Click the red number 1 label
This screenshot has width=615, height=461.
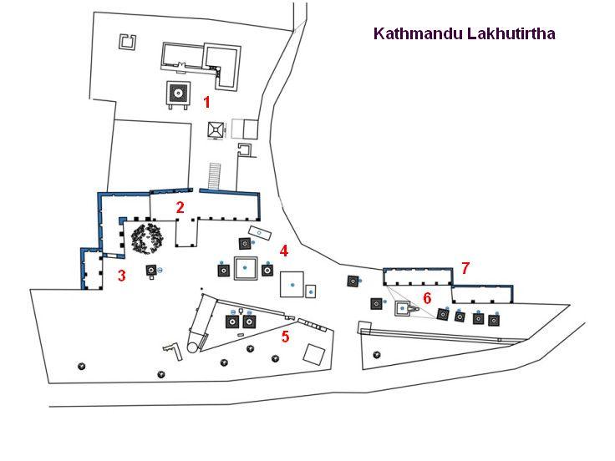coord(206,102)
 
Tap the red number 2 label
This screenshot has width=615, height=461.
coord(179,206)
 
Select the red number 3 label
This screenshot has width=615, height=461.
coord(121,276)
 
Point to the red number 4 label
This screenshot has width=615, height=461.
coord(284,251)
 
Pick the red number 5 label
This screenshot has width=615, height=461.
coord(285,337)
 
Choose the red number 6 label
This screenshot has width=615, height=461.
coord(426,297)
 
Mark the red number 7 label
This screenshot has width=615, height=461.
coord(465,268)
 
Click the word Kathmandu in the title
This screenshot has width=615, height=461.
coord(412,34)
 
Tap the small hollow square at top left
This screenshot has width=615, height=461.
coord(129,43)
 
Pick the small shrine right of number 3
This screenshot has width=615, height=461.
coord(151,271)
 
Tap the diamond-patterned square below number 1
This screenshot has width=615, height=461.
coord(216,129)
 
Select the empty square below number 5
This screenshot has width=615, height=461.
coord(313,354)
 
